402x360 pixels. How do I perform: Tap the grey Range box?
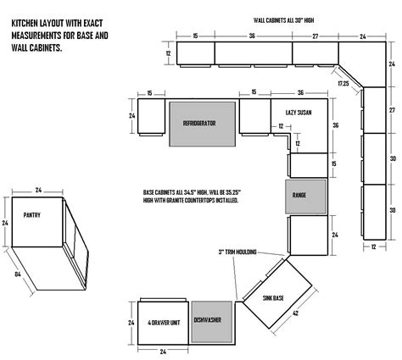click(x=300, y=195)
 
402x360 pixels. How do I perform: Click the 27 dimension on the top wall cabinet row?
click(x=314, y=36)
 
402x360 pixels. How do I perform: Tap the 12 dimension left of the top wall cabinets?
click(x=168, y=53)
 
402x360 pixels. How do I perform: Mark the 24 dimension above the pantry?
click(x=39, y=191)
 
